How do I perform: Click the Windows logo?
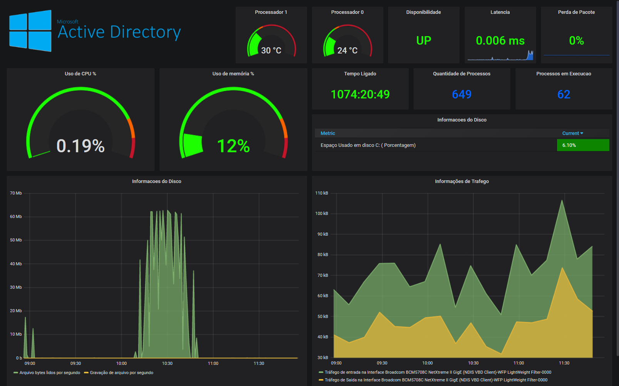(x=30, y=31)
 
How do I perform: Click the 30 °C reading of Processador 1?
(x=271, y=50)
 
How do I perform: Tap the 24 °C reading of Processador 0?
(x=347, y=50)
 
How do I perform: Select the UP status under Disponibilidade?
(x=423, y=40)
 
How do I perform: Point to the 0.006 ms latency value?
(x=500, y=40)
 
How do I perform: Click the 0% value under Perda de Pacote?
(x=576, y=40)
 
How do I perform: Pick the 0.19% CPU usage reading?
(x=80, y=146)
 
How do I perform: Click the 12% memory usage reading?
(x=233, y=146)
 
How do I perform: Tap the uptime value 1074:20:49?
(x=360, y=94)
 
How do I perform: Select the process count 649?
(x=462, y=94)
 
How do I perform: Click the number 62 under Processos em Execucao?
(x=564, y=94)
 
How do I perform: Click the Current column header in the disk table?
(x=572, y=133)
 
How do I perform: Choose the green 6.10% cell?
(x=583, y=145)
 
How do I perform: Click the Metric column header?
(x=328, y=133)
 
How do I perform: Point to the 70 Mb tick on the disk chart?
(x=16, y=193)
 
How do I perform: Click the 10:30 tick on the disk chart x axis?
(x=167, y=363)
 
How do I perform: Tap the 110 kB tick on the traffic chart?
(x=321, y=193)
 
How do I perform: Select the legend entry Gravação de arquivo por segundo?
(x=121, y=373)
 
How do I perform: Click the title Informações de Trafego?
(x=462, y=181)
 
